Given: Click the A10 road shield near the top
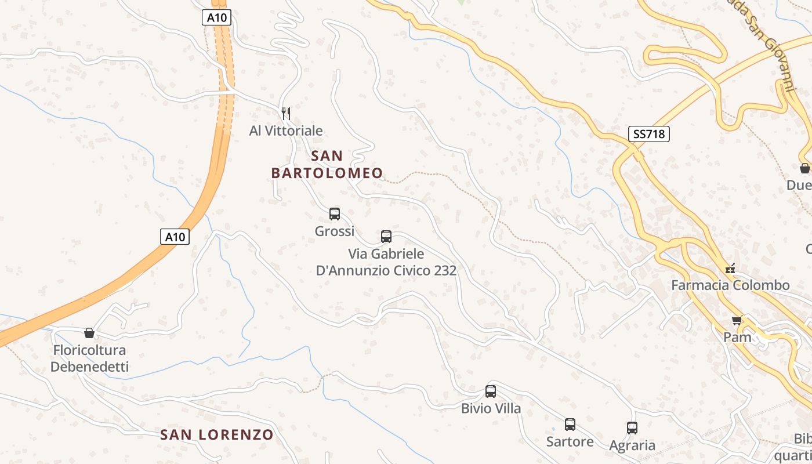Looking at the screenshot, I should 217,17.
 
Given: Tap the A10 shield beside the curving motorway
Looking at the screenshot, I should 175,237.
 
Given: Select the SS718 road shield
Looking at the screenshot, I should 649,134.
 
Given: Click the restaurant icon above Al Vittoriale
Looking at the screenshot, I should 285,113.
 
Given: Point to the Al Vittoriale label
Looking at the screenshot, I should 286,130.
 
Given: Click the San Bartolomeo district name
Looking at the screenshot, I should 327,164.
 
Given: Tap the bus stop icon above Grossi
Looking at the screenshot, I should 335,214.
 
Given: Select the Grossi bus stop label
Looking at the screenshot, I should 335,231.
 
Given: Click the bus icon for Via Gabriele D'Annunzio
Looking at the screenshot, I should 386,237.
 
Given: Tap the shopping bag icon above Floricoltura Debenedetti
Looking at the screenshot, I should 89,333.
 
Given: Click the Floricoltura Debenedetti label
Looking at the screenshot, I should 89,358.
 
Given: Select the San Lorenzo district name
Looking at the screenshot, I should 217,434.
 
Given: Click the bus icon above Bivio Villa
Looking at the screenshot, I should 491,391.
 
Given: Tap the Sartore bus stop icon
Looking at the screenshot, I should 570,425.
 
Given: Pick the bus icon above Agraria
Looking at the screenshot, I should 632,428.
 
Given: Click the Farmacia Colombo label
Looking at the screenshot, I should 730,285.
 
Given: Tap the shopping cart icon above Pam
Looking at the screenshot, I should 737,321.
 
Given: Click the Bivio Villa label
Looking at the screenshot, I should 491,408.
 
